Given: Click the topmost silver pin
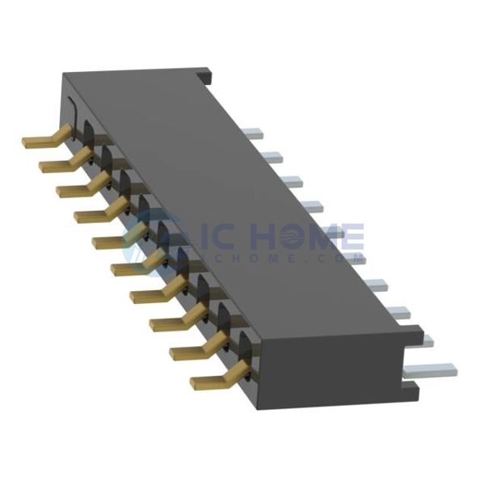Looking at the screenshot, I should click(254, 132).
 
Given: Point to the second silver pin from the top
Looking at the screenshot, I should click(272, 158).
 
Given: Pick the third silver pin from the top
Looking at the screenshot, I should click(292, 182).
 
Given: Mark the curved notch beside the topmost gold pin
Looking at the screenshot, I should click(71, 113).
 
